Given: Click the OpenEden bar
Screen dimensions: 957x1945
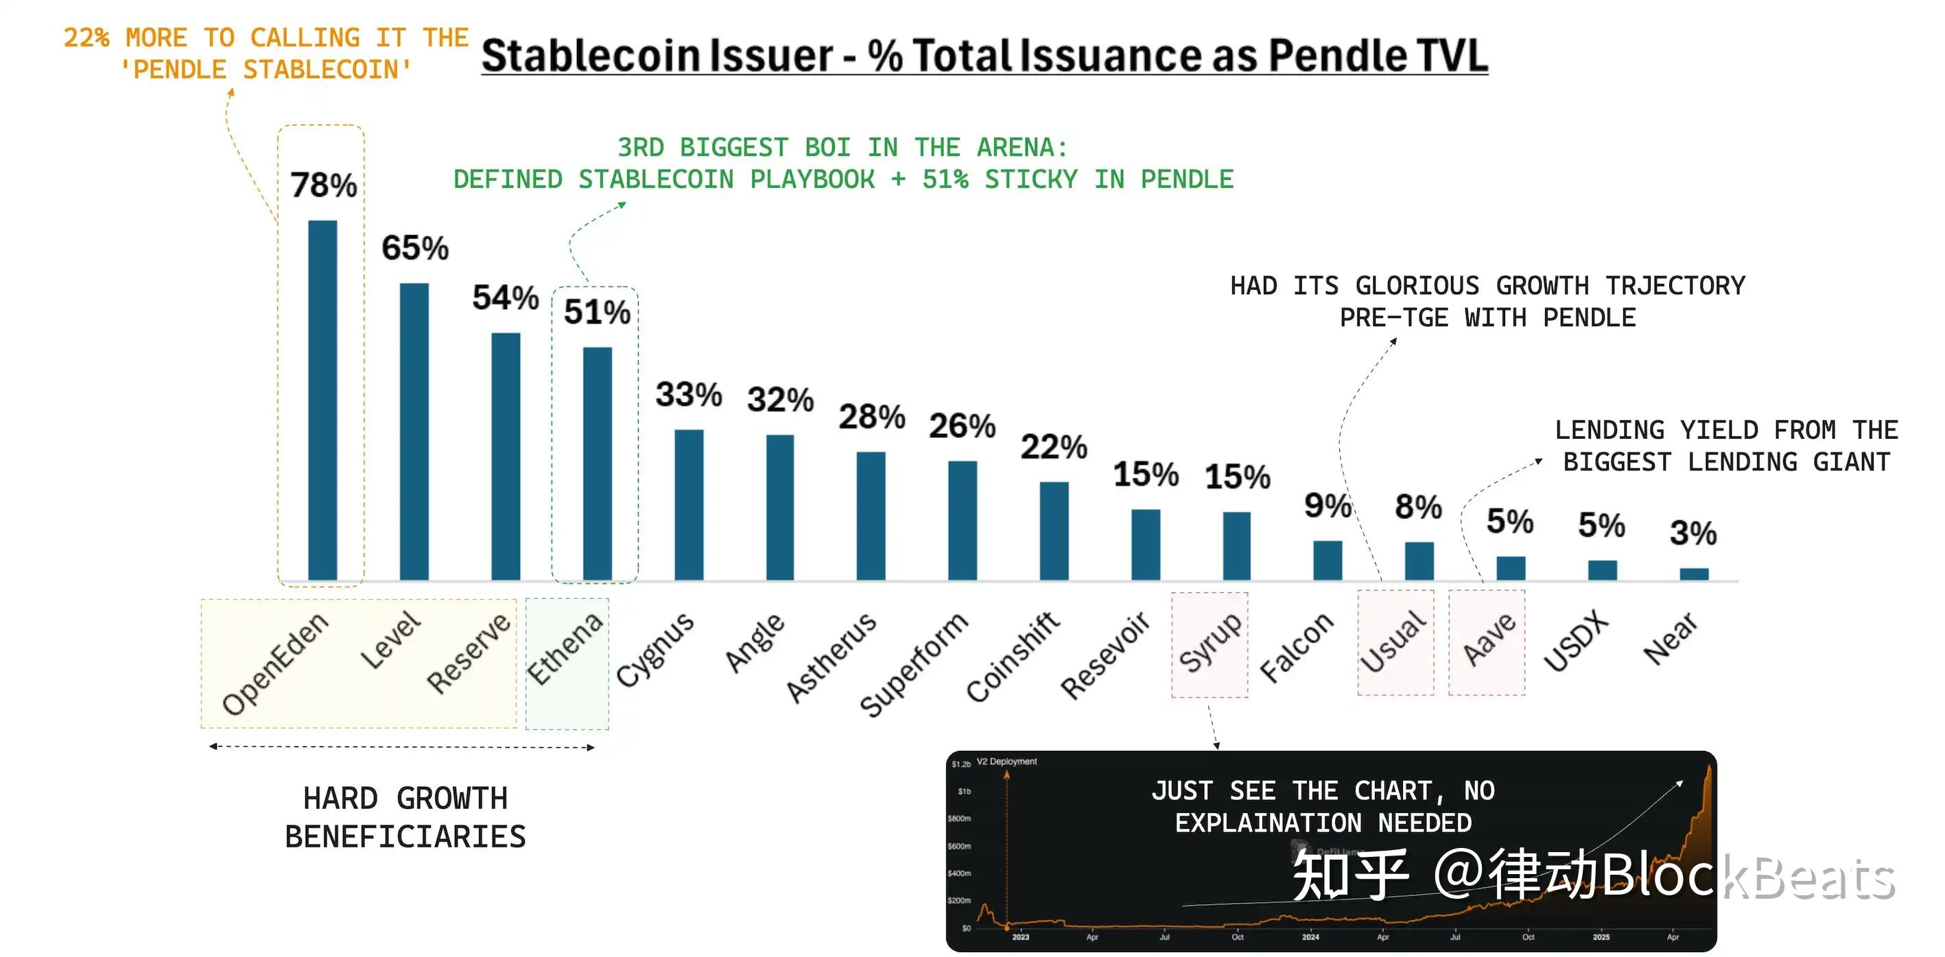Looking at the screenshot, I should click(x=322, y=400).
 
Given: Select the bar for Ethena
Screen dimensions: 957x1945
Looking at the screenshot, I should click(x=598, y=463).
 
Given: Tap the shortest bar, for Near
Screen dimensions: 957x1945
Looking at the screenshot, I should click(x=1694, y=574).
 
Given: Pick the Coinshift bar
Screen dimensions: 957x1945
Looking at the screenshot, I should click(x=1054, y=531).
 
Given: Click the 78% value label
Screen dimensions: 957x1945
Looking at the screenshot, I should click(x=323, y=185).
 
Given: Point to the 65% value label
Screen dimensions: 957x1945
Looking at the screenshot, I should click(x=414, y=247).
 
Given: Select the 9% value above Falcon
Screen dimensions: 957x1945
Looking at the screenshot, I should click(x=1327, y=505).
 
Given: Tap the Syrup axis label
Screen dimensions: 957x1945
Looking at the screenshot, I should click(x=1210, y=642).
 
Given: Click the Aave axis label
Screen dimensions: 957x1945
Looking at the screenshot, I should click(x=1488, y=640).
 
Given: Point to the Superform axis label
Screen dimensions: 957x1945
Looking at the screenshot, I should click(x=914, y=664).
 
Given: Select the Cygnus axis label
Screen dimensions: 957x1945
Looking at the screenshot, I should click(x=654, y=649).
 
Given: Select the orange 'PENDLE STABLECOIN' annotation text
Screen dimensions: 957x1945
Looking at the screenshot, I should click(x=266, y=69).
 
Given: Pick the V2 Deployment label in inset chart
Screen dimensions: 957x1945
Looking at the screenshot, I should click(x=1006, y=762).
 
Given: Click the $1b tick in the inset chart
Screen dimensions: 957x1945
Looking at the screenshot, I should click(x=964, y=792).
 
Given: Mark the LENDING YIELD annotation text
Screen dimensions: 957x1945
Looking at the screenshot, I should click(x=1726, y=446).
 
